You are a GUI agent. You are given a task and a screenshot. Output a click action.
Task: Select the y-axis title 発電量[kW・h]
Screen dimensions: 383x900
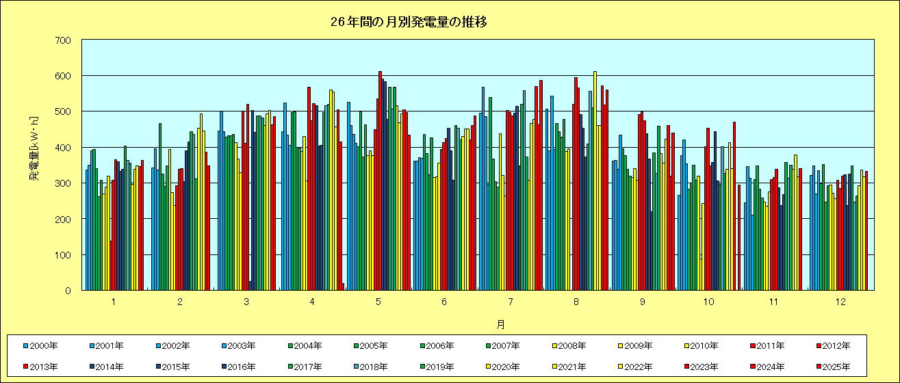click(x=34, y=165)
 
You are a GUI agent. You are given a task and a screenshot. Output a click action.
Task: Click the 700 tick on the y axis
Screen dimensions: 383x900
click(x=63, y=40)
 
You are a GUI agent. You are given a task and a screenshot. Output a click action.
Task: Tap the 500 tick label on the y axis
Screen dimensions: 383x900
click(x=63, y=111)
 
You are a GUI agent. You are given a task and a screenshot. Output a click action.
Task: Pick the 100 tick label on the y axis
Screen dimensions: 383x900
click(x=63, y=254)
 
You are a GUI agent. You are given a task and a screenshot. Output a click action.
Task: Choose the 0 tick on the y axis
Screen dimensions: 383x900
click(x=68, y=291)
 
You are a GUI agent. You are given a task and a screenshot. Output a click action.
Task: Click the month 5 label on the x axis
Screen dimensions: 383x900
click(x=378, y=302)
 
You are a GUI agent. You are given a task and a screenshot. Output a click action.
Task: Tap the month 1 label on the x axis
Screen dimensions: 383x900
click(x=114, y=302)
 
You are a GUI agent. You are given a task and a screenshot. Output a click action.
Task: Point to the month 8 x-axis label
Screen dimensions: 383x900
click(x=576, y=302)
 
